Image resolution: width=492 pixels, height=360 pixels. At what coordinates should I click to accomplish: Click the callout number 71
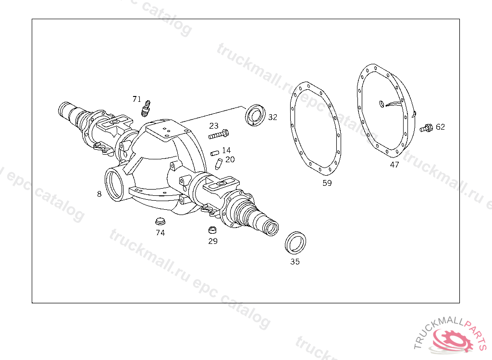pos(137,99)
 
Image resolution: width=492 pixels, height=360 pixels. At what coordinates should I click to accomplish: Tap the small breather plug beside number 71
pos(146,108)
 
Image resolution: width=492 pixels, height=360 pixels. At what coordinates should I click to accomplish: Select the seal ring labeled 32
pos(255,115)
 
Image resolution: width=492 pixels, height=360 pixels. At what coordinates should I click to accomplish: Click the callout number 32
pos(273,117)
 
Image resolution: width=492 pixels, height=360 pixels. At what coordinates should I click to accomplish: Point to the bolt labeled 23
pos(219,134)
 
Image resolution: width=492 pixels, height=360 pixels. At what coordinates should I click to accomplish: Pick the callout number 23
pos(214,126)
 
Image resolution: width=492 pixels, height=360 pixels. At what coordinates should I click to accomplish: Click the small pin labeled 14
pos(215,153)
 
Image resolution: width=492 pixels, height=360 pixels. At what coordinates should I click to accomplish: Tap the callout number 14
pos(226,150)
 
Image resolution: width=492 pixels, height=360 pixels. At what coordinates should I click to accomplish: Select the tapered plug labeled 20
pos(219,164)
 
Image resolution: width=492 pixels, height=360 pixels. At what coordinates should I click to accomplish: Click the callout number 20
pos(230,160)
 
